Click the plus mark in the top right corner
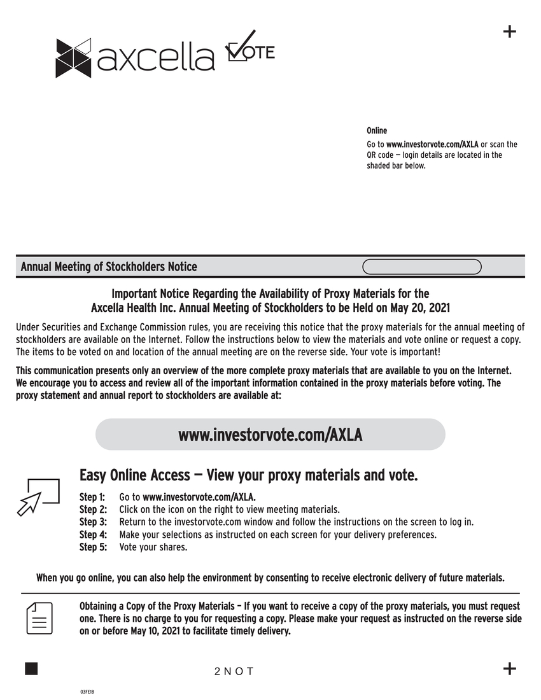click(509, 32)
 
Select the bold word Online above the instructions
click(377, 130)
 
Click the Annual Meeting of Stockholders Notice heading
click(109, 267)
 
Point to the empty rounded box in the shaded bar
click(421, 267)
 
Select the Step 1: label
click(93, 497)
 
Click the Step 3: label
click(93, 522)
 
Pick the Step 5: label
click(93, 547)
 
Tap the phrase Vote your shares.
click(153, 547)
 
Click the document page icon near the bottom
click(39, 617)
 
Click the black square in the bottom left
click(31, 668)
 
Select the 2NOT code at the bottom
click(234, 671)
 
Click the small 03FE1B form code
click(87, 691)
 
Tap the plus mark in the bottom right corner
click(509, 668)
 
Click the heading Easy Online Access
click(134, 475)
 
